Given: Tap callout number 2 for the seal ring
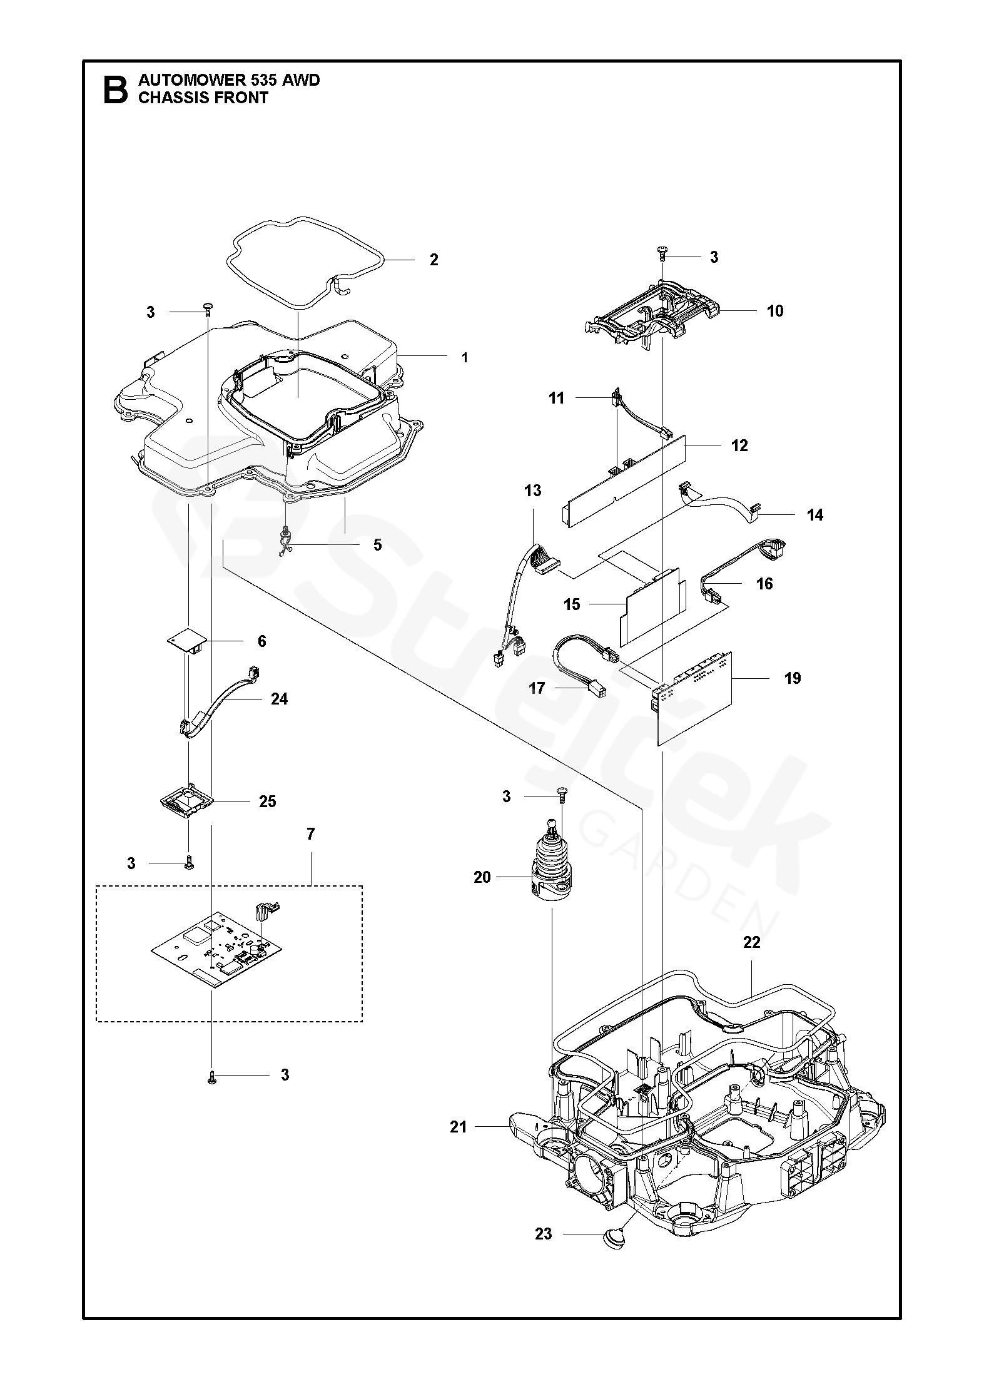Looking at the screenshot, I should click(x=434, y=260).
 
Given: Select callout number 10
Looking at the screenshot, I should click(x=774, y=311).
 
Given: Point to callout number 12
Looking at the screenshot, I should click(x=739, y=445).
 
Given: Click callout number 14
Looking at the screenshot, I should click(x=814, y=515).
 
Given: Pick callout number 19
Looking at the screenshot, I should click(x=793, y=678).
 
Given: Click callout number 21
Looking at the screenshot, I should click(x=459, y=1127).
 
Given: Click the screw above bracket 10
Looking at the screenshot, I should click(x=662, y=253).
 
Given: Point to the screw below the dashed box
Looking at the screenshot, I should click(x=213, y=1075).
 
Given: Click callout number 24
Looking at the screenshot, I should click(x=279, y=698).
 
